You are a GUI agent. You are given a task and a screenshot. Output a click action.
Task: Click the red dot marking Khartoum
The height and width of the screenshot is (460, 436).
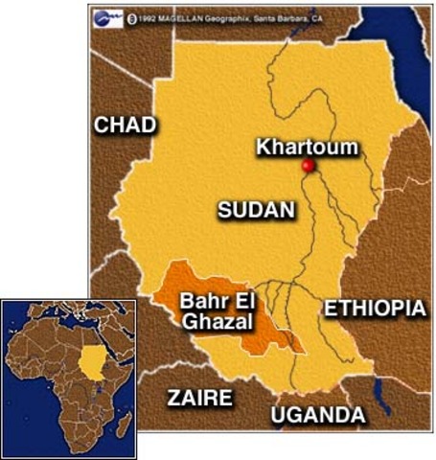coord(308,166)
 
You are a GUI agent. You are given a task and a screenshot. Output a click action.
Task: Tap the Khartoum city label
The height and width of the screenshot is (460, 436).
coord(307,148)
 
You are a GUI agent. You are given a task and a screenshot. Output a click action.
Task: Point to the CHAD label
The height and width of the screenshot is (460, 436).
coord(124,125)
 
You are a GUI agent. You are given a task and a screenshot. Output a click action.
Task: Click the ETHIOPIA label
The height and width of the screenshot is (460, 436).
coord(374,309)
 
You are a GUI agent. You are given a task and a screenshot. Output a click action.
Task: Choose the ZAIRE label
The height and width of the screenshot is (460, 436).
coord(199,397)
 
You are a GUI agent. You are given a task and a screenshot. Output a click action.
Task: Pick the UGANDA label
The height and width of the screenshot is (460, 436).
coord(317,415)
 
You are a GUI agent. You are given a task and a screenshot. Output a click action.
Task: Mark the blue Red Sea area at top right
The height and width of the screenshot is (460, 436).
coord(407,48)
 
